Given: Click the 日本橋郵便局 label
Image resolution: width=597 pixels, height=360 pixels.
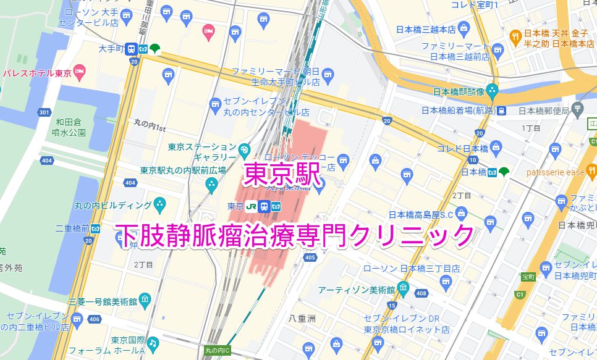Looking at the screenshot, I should click(543, 111).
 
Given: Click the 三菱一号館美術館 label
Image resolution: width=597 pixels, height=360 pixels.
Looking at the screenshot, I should click(103, 301).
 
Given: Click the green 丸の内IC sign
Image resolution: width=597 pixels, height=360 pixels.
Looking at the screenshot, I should click(216, 351).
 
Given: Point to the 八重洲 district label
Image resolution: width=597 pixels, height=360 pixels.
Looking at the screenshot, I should click(302, 319).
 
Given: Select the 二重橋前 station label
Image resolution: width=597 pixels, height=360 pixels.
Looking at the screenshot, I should click(72, 228).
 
